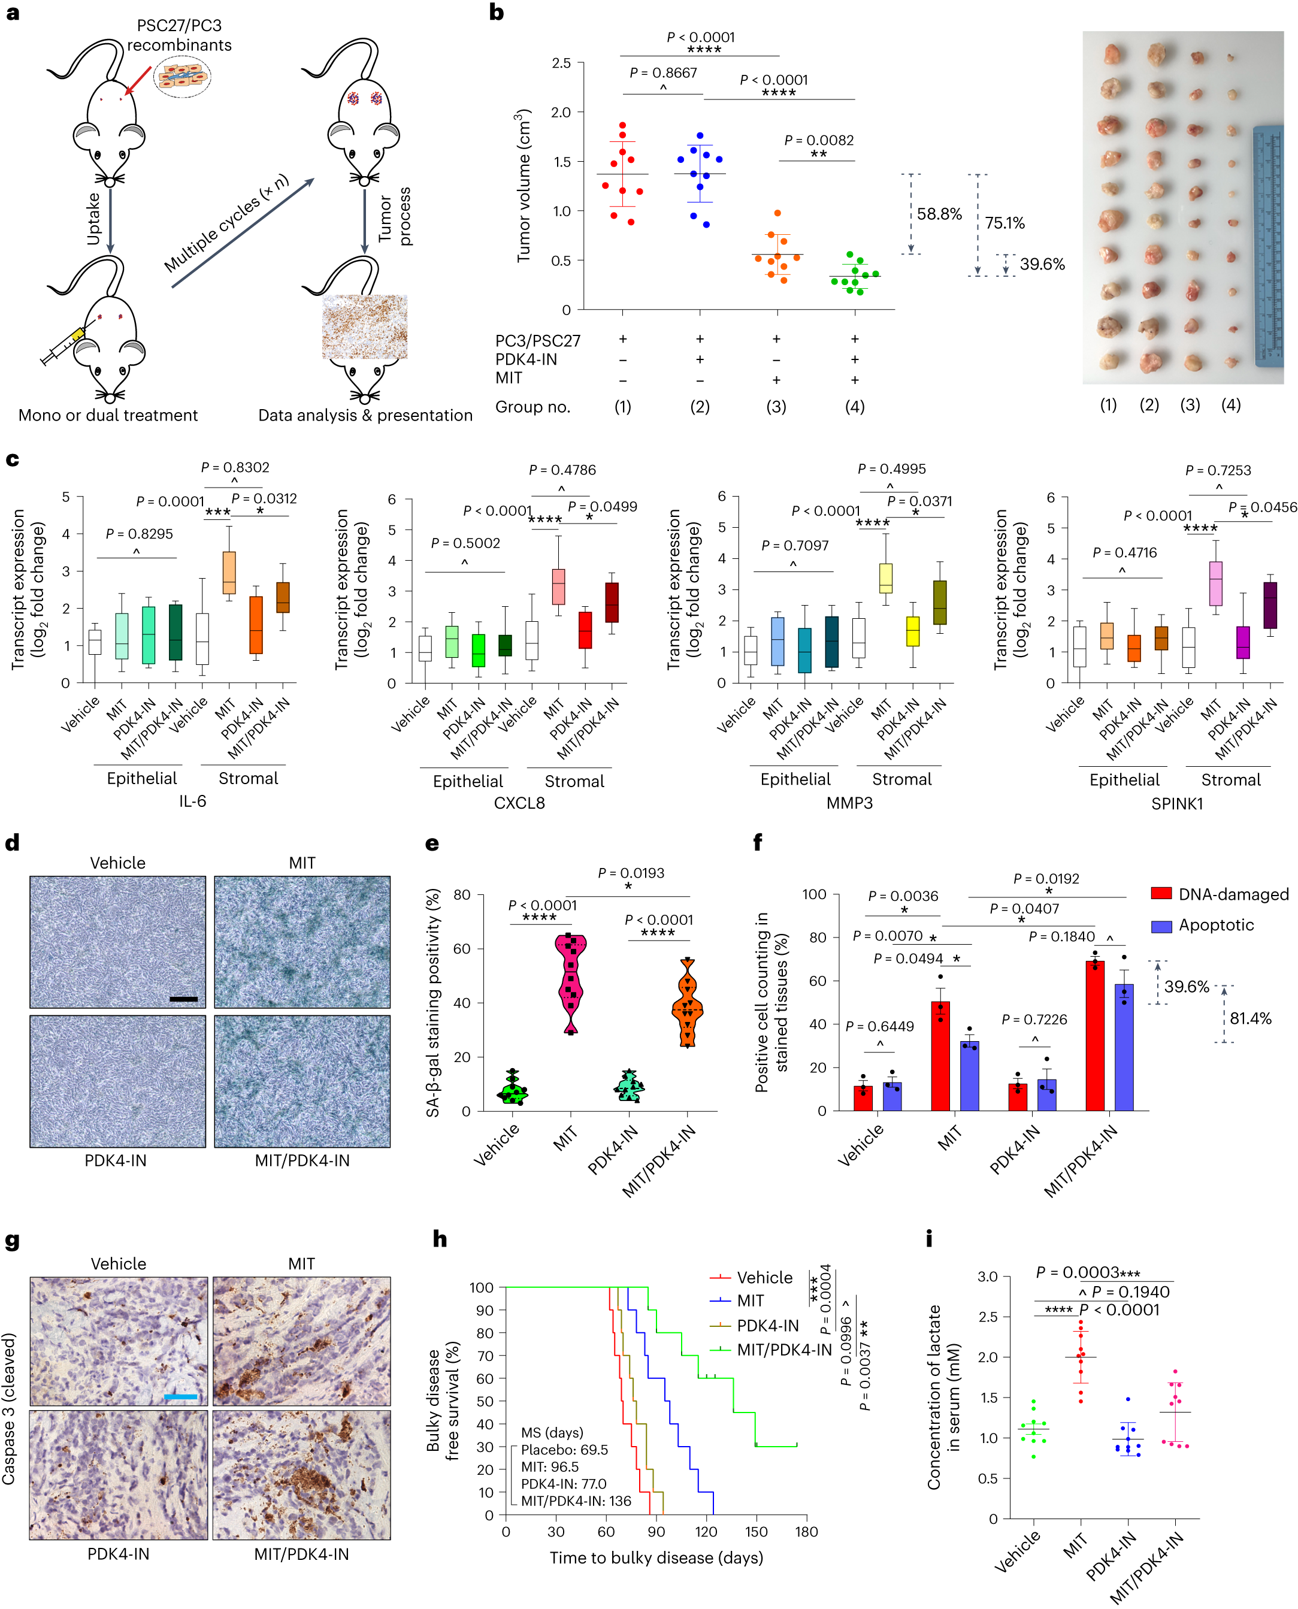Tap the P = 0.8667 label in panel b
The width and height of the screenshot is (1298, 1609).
pyautogui.click(x=662, y=72)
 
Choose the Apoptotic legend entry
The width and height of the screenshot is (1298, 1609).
pyautogui.click(x=1216, y=925)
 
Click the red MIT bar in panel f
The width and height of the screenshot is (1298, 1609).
pyautogui.click(x=940, y=1055)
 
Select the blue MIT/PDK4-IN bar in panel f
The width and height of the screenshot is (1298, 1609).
pyautogui.click(x=1123, y=1047)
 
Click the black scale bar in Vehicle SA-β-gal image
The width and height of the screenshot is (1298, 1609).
pyautogui.click(x=183, y=999)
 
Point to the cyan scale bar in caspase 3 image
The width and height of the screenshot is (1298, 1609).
pyautogui.click(x=180, y=1396)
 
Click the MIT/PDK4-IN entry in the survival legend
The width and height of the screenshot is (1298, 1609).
pyautogui.click(x=783, y=1350)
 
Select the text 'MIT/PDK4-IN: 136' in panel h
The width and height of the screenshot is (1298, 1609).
pyautogui.click(x=575, y=1501)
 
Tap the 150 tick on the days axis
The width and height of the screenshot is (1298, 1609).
pyautogui.click(x=756, y=1531)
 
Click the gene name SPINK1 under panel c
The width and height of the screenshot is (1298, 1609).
pyautogui.click(x=1176, y=804)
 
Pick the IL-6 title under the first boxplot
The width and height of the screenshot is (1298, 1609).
pyautogui.click(x=192, y=801)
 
